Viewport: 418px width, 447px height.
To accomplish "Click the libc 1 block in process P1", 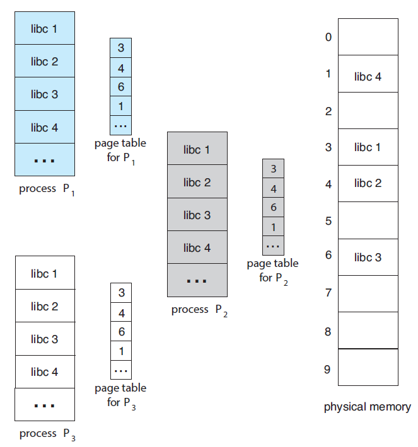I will [x=44, y=28].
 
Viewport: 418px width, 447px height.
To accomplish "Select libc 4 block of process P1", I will [x=44, y=127].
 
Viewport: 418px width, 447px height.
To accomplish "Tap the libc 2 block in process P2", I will [x=197, y=182].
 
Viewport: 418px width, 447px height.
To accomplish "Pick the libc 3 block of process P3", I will [x=44, y=339].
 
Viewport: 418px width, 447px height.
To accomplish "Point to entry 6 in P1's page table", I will [x=121, y=88].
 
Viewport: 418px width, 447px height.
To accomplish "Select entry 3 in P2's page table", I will [x=273, y=169].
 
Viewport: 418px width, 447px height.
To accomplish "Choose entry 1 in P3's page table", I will [x=121, y=351].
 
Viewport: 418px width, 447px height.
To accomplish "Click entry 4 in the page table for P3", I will [x=121, y=312].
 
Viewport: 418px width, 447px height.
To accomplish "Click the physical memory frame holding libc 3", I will [x=368, y=257].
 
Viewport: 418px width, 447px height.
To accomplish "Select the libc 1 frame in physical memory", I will [x=368, y=147].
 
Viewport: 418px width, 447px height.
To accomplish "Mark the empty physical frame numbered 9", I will [x=368, y=367].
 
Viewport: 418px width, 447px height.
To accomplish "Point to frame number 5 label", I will [x=328, y=221].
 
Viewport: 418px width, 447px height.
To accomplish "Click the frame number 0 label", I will [x=328, y=37].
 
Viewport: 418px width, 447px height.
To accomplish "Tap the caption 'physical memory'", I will [x=367, y=407].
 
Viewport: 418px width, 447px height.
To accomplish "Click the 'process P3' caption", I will [x=48, y=434].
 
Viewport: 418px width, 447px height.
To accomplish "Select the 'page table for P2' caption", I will [x=273, y=270].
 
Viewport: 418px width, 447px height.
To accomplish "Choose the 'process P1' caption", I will [x=48, y=189].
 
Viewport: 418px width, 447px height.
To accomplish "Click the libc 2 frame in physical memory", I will [x=368, y=183].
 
